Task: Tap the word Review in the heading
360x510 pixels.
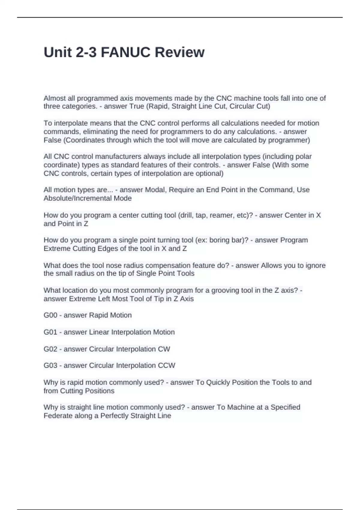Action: click(x=180, y=52)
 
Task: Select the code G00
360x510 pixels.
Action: click(x=50, y=315)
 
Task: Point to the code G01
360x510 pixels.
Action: click(x=50, y=332)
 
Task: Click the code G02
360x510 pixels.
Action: click(x=50, y=349)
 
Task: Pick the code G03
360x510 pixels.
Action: click(x=50, y=365)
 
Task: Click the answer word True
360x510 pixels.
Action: click(x=137, y=106)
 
